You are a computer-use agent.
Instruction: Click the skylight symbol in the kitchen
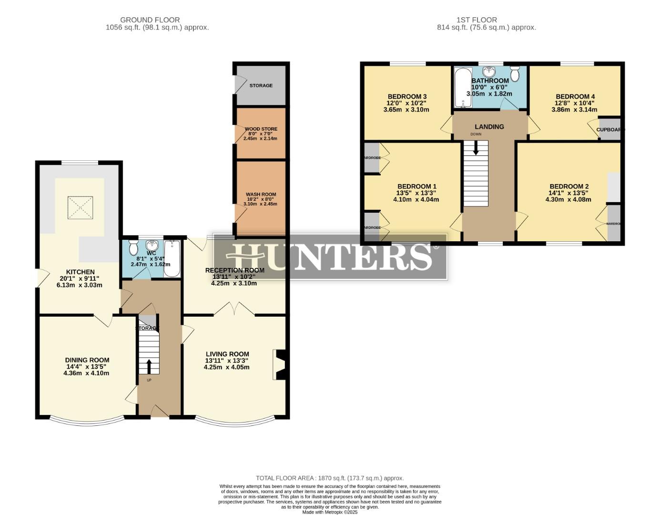coord(80,208)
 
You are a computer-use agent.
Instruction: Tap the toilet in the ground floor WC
coord(133,247)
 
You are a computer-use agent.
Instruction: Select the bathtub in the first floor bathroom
coord(462,88)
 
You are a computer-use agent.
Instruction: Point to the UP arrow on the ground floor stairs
coord(149,366)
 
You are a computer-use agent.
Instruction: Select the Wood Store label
coord(261,129)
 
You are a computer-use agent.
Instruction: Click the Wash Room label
coord(261,195)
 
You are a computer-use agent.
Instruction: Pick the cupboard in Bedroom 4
coord(609,129)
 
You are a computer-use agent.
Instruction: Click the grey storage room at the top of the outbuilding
coord(261,85)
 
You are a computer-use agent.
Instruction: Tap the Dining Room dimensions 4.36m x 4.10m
coord(86,373)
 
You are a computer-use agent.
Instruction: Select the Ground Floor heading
coord(150,20)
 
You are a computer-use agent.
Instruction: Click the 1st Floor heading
coord(477,20)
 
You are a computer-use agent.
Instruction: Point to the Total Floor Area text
coord(330,478)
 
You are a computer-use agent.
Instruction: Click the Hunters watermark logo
coord(330,257)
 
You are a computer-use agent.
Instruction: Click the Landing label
coord(489,127)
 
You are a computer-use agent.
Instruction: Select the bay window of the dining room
coord(86,422)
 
